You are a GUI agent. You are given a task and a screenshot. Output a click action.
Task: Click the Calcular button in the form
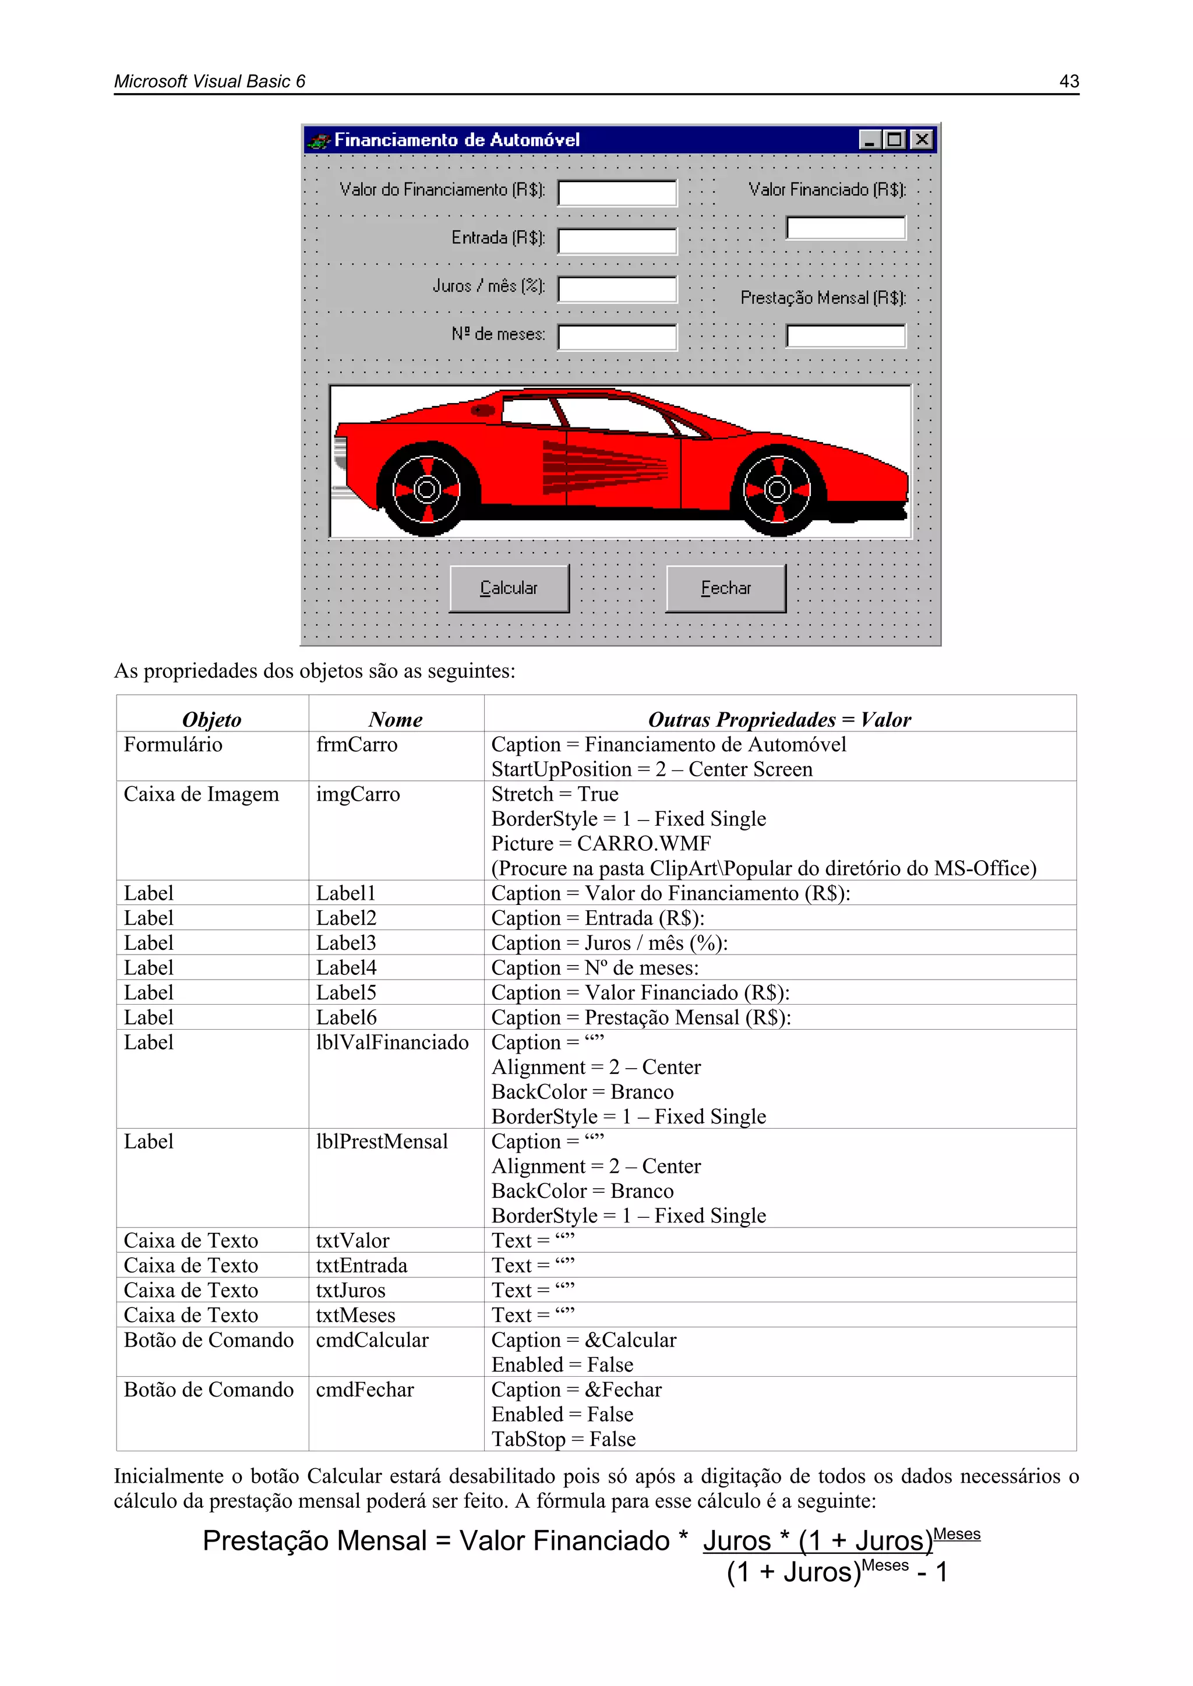pyautogui.click(x=509, y=588)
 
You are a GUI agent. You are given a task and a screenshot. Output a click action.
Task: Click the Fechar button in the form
pyautogui.click(x=726, y=588)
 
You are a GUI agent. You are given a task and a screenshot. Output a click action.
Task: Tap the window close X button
pyautogui.click(x=921, y=140)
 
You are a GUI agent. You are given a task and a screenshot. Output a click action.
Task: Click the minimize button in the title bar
pyautogui.click(x=870, y=140)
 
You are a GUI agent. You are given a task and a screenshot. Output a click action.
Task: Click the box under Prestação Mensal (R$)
pyautogui.click(x=846, y=336)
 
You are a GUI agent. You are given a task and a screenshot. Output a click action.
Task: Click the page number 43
pyautogui.click(x=1069, y=82)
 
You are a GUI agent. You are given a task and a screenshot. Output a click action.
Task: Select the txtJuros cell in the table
pyautogui.click(x=351, y=1290)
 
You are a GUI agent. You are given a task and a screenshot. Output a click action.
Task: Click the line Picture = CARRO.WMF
pyautogui.click(x=601, y=844)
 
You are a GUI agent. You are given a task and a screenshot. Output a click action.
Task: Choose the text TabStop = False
pyautogui.click(x=563, y=1439)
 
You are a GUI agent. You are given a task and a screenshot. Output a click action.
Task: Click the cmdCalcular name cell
pyautogui.click(x=372, y=1340)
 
